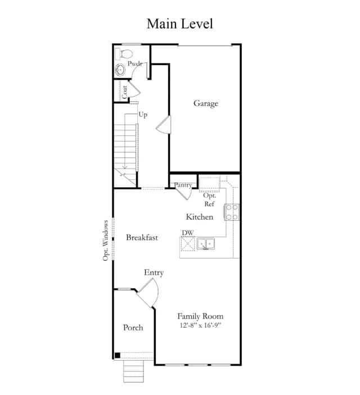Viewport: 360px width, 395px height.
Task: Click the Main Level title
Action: [x=180, y=24]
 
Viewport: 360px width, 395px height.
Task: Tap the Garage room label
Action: [x=206, y=103]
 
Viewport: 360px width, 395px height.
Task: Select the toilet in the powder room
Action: [x=124, y=54]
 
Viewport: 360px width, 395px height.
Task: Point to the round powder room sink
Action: [x=120, y=70]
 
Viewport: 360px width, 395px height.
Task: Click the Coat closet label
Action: [x=125, y=92]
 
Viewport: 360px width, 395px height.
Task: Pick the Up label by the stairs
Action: [x=143, y=115]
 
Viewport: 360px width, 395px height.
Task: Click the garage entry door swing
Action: [x=164, y=125]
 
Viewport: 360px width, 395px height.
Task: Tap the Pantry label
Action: [x=183, y=185]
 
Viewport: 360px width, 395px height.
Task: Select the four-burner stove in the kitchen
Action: [x=232, y=212]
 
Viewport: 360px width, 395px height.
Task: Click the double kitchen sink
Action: [x=206, y=244]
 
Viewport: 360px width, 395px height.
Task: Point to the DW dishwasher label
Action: [x=188, y=233]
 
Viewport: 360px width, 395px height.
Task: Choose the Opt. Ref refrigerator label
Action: [x=209, y=200]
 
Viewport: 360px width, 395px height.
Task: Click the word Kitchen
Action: [x=199, y=217]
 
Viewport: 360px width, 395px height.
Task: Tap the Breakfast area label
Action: [x=142, y=238]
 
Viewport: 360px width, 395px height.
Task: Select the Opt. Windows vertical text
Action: [x=106, y=240]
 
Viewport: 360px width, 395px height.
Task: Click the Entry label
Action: [x=154, y=273]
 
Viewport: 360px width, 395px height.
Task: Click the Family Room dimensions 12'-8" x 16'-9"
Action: [x=200, y=325]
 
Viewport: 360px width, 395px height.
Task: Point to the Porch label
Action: [x=133, y=328]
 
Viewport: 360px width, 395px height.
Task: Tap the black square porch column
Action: [x=118, y=356]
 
